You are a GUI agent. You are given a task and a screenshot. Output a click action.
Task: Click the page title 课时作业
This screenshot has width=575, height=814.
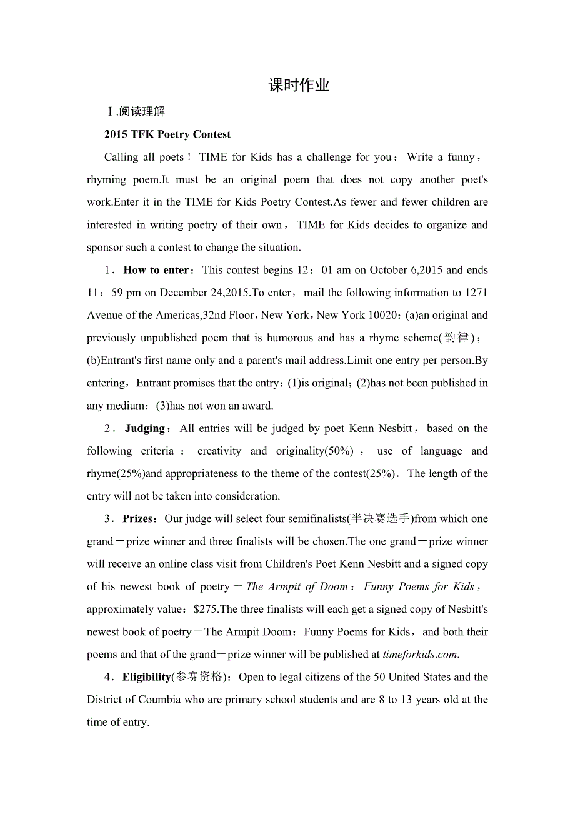coord(299,86)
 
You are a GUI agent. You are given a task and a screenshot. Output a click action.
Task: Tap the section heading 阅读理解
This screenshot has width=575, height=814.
coord(142,112)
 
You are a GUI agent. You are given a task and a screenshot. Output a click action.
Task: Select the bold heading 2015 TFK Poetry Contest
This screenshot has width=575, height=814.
coord(167,134)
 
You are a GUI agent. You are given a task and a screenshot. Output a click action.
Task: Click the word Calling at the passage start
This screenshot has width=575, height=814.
coord(122,158)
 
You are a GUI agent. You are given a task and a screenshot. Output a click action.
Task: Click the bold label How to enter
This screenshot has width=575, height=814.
coord(156,270)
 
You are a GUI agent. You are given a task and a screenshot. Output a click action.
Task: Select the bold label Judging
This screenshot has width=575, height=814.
coord(144,428)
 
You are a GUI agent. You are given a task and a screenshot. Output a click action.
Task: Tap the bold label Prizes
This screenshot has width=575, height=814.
coord(137,519)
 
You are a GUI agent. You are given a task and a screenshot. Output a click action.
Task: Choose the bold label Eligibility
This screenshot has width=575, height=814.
coord(147,677)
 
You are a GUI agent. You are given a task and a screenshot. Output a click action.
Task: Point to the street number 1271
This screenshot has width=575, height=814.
coord(476,293)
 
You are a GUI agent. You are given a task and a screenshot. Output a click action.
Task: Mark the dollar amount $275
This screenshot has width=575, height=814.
coord(206,610)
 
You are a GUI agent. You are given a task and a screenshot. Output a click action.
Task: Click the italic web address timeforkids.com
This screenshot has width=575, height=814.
coord(421,655)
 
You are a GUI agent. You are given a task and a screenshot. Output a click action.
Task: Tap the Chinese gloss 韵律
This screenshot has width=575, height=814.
coord(456,338)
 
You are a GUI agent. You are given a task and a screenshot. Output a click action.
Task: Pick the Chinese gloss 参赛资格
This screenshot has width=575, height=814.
coord(199,677)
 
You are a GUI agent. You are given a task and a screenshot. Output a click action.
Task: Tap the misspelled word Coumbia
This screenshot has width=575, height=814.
coord(161,700)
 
